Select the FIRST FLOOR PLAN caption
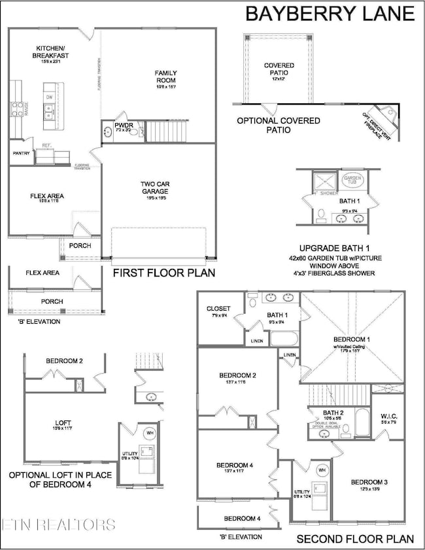pyautogui.click(x=163, y=273)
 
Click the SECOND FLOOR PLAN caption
pyautogui.click(x=355, y=540)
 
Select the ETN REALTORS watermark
pyautogui.click(x=59, y=524)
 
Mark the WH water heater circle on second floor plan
pyautogui.click(x=322, y=470)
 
